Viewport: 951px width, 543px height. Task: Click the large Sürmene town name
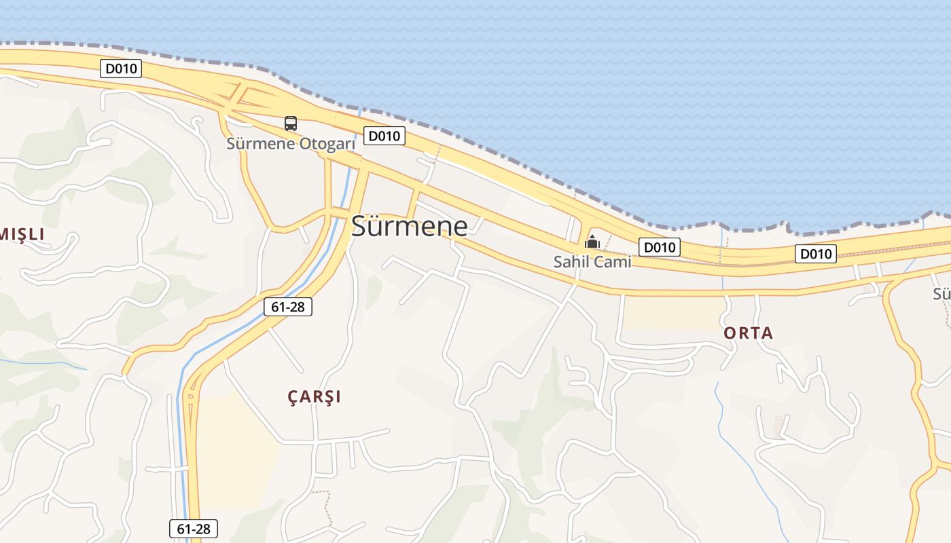click(x=410, y=227)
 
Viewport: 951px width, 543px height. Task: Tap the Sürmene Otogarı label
click(x=291, y=144)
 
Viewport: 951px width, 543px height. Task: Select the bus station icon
click(x=291, y=124)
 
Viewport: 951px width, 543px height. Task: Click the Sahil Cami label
click(x=592, y=261)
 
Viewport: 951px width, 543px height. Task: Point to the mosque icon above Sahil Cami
click(x=592, y=241)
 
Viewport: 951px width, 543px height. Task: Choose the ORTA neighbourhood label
click(x=749, y=333)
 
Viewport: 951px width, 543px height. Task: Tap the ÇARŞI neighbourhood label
click(x=314, y=397)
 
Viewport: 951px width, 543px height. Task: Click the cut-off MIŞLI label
click(x=22, y=235)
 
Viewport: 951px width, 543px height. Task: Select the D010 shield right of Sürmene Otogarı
click(x=384, y=136)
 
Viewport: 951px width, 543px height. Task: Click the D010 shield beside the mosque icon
click(x=659, y=247)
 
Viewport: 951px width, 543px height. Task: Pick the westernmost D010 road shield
click(x=121, y=68)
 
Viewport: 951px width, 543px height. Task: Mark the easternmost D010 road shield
click(x=815, y=254)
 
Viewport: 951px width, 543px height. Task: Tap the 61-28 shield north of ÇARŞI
click(x=287, y=307)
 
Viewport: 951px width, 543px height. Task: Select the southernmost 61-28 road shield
click(x=193, y=529)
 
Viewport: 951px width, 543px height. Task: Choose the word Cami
click(x=615, y=261)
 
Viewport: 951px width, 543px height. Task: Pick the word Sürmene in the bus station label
click(x=260, y=144)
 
